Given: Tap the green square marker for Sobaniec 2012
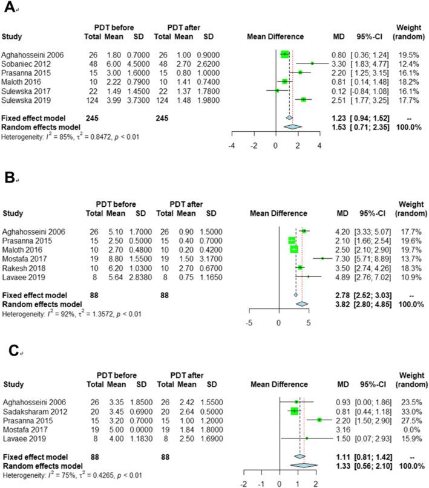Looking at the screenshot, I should [313, 62].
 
